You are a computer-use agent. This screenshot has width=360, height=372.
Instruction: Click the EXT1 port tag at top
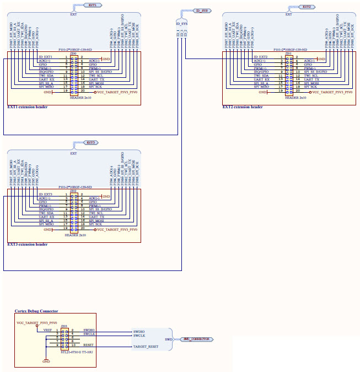[x=92, y=4]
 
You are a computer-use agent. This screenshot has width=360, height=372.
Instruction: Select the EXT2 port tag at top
[x=307, y=7]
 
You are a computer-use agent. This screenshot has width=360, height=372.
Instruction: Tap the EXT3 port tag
[x=91, y=142]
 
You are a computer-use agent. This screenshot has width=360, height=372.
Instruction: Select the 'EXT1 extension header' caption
[x=27, y=107]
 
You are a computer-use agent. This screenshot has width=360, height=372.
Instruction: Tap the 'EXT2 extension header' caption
[x=242, y=107]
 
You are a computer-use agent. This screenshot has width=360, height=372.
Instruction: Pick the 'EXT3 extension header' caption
[x=27, y=244]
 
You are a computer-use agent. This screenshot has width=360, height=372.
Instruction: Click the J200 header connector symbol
[x=73, y=73]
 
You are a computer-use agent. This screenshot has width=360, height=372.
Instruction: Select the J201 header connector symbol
[x=288, y=73]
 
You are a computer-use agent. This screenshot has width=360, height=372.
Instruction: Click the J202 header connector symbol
[x=73, y=211]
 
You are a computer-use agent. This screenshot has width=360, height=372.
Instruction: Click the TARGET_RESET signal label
[x=146, y=347]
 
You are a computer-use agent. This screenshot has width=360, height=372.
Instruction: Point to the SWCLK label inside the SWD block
[x=138, y=335]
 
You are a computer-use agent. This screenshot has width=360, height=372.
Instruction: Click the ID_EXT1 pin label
[x=46, y=57]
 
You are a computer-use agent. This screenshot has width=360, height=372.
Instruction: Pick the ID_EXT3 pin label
[x=46, y=194]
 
